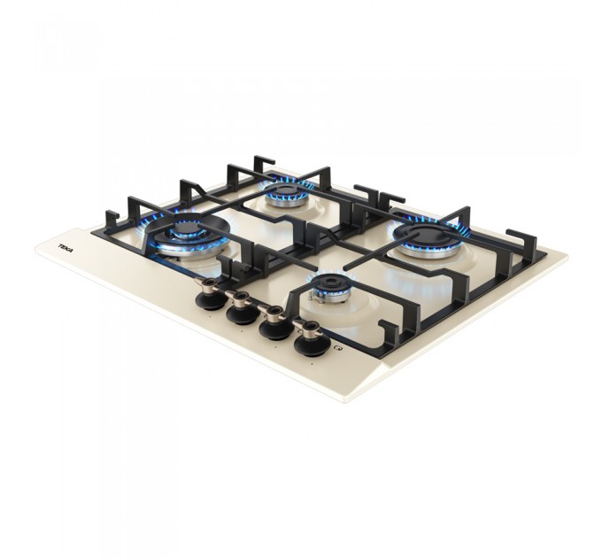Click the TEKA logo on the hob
(66, 248)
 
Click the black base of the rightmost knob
(311, 346)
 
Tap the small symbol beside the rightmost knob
(338, 348)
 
